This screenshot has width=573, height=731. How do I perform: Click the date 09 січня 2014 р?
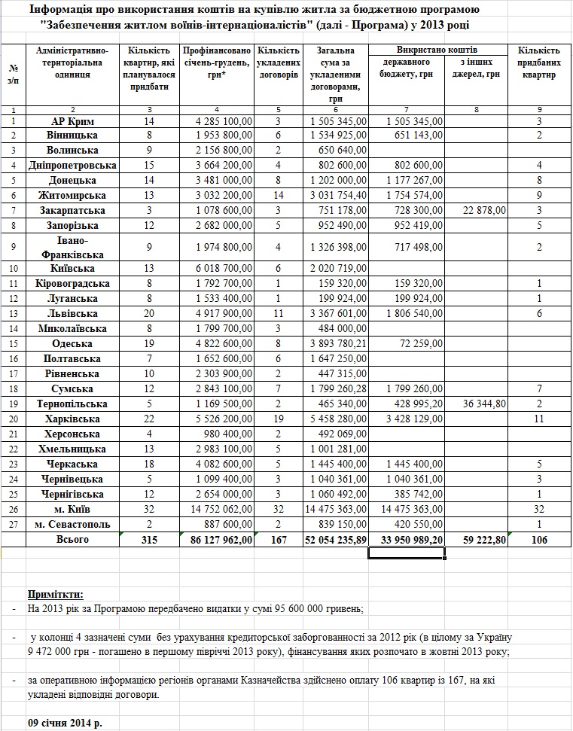pyautogui.click(x=66, y=722)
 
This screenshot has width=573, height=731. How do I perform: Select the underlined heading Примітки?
pyautogui.click(x=56, y=594)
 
